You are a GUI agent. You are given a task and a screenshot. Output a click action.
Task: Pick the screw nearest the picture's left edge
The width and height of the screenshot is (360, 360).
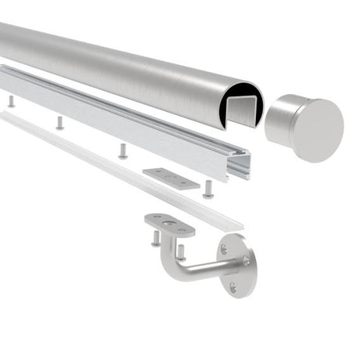[11, 101]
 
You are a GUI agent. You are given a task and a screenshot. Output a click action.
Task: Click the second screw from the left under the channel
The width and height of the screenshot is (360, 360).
[59, 123]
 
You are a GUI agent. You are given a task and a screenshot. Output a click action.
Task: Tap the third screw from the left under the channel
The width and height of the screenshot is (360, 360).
[123, 150]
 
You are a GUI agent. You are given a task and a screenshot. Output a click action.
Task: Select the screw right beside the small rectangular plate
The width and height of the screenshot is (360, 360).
[207, 189]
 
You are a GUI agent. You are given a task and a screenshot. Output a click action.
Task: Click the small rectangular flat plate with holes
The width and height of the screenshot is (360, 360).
[171, 176]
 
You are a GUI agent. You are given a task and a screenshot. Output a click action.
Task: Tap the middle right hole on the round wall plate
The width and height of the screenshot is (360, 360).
[248, 263]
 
